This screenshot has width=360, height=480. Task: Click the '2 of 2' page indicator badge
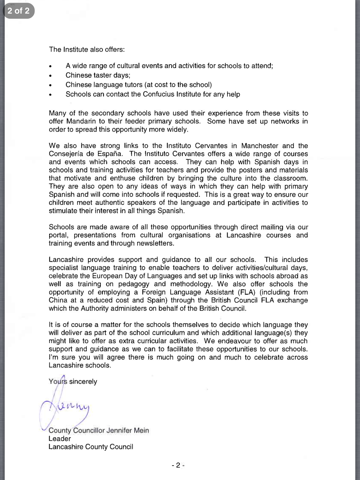[19, 11]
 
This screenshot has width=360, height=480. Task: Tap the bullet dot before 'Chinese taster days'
[50, 76]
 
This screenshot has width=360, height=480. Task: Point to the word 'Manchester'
[260, 146]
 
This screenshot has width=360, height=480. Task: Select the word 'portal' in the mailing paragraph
[58, 235]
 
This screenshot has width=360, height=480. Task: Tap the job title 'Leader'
[60, 439]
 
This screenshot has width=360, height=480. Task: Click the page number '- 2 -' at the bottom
[178, 465]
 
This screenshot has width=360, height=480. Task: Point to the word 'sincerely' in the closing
[83, 382]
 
